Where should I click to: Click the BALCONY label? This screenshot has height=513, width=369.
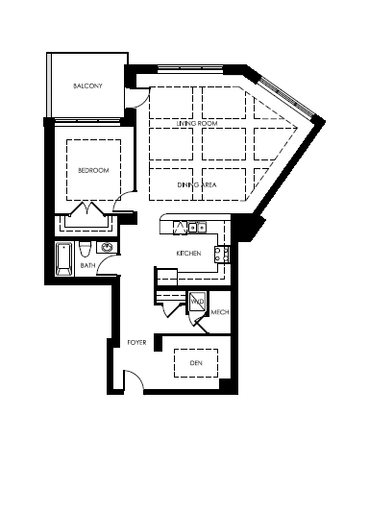(x=87, y=86)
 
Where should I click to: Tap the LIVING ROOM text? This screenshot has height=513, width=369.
(x=197, y=123)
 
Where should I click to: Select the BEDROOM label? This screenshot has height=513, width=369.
(x=93, y=170)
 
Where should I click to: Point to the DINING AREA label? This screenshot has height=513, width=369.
(x=197, y=184)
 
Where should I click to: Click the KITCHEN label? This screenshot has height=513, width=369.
(x=188, y=254)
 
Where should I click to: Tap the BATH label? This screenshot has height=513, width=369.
(x=87, y=265)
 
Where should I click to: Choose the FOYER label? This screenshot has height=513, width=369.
(x=136, y=343)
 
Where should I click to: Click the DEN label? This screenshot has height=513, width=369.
(x=196, y=363)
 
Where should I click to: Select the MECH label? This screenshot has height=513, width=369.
(x=220, y=312)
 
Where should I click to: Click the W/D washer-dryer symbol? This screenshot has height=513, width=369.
(x=198, y=301)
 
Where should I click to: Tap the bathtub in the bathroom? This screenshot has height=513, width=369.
(x=64, y=258)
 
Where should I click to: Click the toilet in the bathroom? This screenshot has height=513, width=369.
(x=85, y=250)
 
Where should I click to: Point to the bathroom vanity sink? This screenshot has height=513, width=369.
(x=107, y=247)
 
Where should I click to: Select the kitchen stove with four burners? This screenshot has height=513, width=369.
(x=222, y=255)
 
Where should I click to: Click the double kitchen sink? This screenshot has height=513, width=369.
(x=197, y=227)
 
